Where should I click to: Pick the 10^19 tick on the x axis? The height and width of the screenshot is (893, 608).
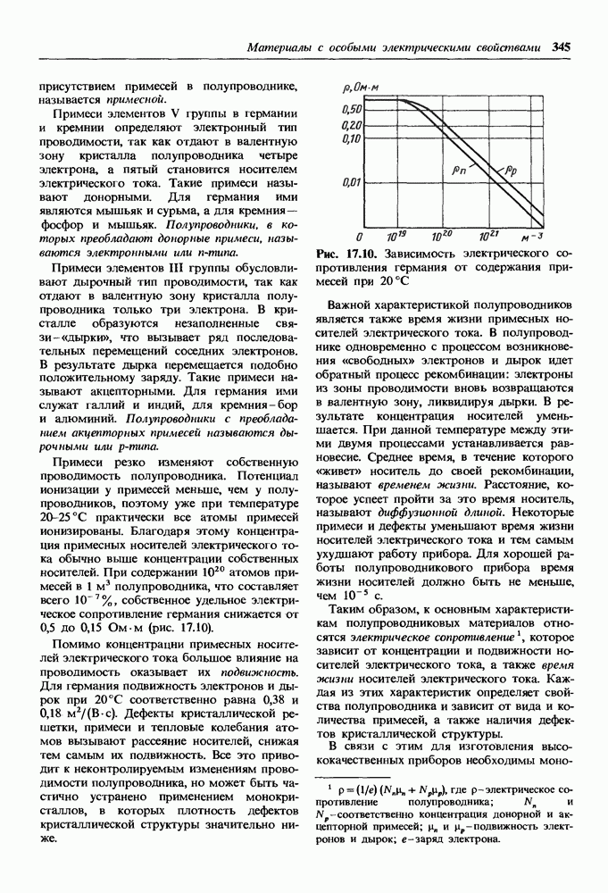click(x=396, y=238)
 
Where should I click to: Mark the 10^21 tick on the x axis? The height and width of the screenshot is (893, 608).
click(x=487, y=238)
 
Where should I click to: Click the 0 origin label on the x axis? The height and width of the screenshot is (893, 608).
click(x=358, y=238)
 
